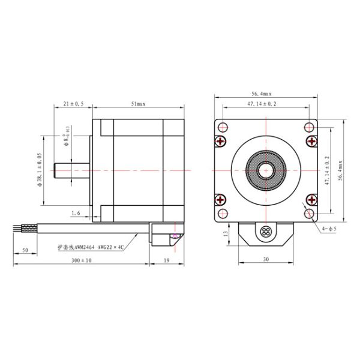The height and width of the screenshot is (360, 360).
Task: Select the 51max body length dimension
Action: click(138, 103)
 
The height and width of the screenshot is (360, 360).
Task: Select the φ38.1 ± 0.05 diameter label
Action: click(40, 170)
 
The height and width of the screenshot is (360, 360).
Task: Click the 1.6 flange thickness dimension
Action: click(76, 213)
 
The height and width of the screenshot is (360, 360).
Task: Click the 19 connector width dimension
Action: click(166, 261)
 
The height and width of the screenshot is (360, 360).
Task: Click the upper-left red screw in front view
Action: click(222, 142)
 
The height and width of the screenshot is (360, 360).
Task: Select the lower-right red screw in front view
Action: click(311, 199)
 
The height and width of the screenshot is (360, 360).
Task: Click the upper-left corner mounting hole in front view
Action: click(223, 127)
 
